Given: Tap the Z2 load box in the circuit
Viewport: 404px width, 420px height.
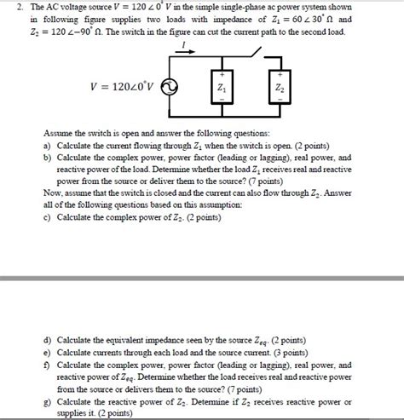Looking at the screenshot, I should (x=279, y=88).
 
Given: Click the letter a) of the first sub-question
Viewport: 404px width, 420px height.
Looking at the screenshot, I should (x=46, y=146).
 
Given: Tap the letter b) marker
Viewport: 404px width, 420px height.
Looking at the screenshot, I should (x=46, y=158).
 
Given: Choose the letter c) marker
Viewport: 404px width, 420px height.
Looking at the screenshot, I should (x=46, y=217).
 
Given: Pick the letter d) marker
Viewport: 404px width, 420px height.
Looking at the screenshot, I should (x=46, y=338).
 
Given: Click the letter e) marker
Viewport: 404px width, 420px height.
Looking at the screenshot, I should (x=46, y=350).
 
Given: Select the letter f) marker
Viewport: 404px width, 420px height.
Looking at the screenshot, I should (x=46, y=362).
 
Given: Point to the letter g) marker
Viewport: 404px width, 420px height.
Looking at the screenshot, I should (x=46, y=398).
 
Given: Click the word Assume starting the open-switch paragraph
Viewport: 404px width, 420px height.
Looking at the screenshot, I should (x=57, y=134).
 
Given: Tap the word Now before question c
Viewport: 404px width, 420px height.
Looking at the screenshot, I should (x=52, y=193).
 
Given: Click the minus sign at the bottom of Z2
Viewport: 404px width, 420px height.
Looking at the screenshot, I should (x=279, y=101).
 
